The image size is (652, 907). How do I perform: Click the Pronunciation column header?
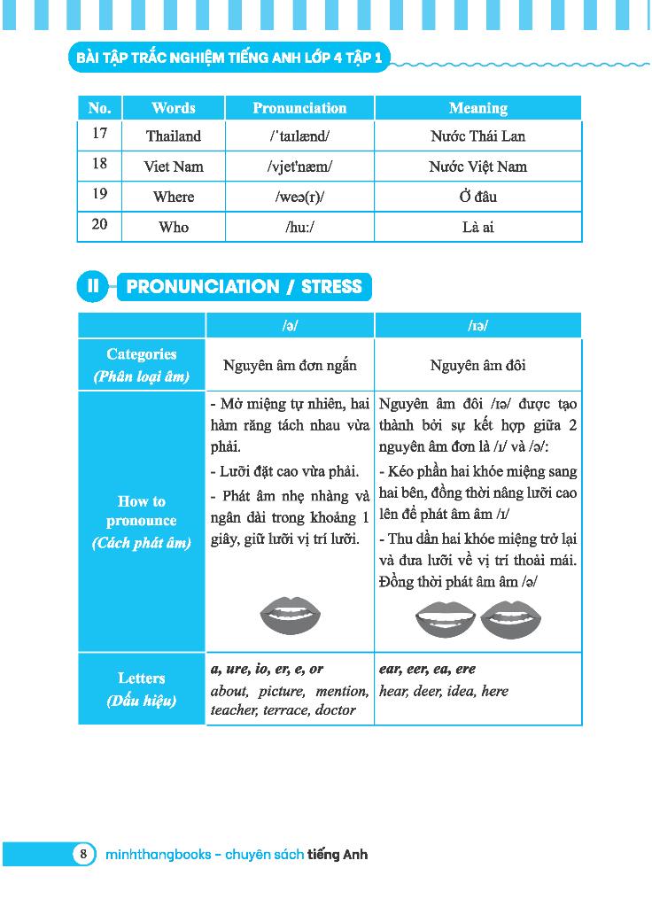tap(299, 108)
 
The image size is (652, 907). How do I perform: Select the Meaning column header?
tap(477, 108)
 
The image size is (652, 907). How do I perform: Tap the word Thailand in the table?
tap(174, 136)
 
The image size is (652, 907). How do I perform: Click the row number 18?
tap(99, 164)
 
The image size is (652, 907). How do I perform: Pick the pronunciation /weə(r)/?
tap(299, 197)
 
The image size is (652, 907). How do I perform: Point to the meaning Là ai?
tap(477, 228)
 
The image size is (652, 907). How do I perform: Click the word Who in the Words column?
tap(174, 228)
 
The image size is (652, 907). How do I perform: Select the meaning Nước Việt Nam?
tap(477, 167)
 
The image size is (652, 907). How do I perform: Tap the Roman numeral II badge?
tap(92, 286)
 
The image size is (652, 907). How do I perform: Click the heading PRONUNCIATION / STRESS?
tap(244, 286)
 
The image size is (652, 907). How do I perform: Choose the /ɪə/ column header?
tap(477, 326)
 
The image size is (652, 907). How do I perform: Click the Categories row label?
tap(142, 365)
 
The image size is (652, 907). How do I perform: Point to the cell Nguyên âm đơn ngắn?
tap(290, 365)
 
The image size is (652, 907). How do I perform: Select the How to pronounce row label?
tap(142, 522)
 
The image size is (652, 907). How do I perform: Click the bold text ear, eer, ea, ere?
tap(427, 670)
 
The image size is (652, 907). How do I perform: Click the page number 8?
tap(83, 855)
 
